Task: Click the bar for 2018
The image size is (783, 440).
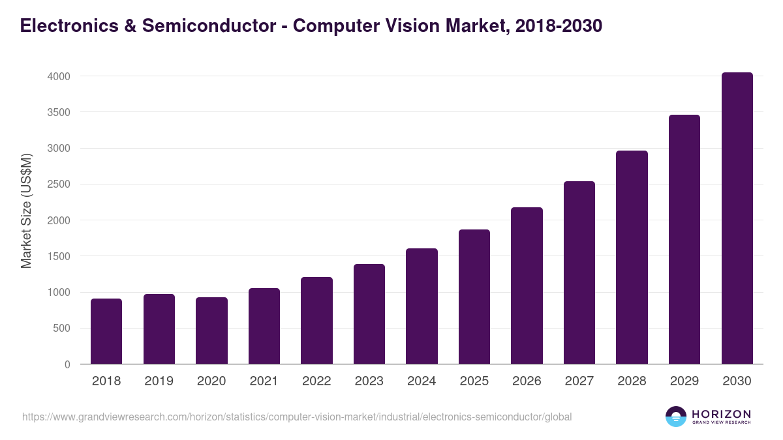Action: click(106, 331)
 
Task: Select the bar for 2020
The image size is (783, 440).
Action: click(211, 330)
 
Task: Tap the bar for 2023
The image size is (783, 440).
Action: click(369, 314)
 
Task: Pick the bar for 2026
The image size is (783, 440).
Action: click(527, 286)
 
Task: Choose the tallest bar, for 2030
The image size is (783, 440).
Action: click(737, 218)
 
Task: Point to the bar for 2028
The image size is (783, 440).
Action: click(632, 257)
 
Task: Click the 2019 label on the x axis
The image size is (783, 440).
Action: click(159, 381)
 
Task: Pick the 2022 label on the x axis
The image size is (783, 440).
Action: click(316, 381)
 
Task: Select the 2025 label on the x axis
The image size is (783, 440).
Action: click(474, 381)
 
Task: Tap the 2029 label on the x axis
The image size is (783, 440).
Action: click(684, 381)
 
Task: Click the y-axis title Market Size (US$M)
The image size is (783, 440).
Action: click(26, 211)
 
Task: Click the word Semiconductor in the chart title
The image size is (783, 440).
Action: click(201, 26)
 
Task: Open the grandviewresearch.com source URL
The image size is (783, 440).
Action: click(297, 417)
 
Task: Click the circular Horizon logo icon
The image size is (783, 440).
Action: click(676, 417)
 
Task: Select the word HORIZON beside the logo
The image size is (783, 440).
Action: click(721, 413)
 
